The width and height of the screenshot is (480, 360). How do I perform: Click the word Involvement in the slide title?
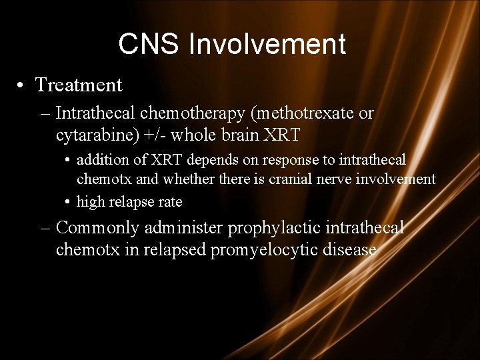[267, 45]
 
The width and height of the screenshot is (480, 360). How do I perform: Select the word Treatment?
[79, 85]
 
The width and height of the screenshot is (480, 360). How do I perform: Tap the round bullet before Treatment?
[23, 86]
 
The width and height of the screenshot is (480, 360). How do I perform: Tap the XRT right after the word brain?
[283, 135]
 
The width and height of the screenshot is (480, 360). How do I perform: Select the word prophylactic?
[273, 229]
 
